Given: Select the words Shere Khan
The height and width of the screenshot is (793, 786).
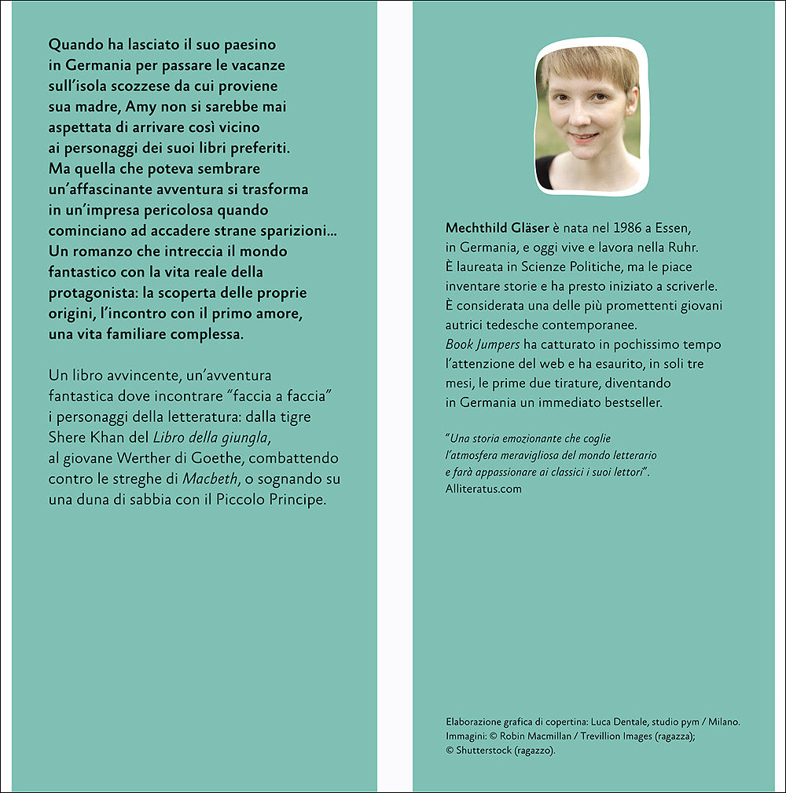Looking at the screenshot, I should tap(86, 437).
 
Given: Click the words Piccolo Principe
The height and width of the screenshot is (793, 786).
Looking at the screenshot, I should tap(280, 499).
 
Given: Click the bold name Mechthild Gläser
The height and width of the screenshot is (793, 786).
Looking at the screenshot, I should tap(497, 228).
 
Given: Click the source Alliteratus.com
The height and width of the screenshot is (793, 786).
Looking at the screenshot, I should tap(483, 488).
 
